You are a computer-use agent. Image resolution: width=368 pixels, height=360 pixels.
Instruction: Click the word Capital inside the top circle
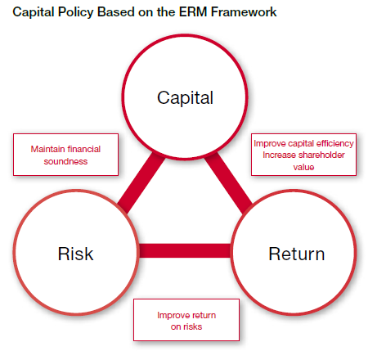(x=185, y=98)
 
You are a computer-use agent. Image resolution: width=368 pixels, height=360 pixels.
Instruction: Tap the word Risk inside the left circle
(x=75, y=254)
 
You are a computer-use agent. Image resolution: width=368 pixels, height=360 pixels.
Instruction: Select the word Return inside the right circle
(x=297, y=254)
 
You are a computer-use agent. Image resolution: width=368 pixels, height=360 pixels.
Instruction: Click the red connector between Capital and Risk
(x=141, y=182)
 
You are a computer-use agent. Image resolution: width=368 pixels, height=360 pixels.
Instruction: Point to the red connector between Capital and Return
(x=228, y=182)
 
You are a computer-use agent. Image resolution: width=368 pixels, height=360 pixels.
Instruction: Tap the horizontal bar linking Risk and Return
(x=185, y=250)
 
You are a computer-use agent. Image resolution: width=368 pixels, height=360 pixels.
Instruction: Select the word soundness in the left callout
(x=65, y=161)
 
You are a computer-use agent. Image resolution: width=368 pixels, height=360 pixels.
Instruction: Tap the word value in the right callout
(x=303, y=167)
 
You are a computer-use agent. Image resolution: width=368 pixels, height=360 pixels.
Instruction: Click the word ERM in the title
(x=193, y=12)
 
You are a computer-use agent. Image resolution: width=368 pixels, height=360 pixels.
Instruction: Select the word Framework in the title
(x=244, y=12)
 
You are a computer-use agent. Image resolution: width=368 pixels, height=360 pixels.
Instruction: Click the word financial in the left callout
(x=84, y=149)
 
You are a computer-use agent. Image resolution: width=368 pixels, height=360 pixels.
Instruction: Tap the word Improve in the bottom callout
(x=171, y=316)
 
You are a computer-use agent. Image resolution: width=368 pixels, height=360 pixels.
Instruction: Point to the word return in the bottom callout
(x=201, y=315)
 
